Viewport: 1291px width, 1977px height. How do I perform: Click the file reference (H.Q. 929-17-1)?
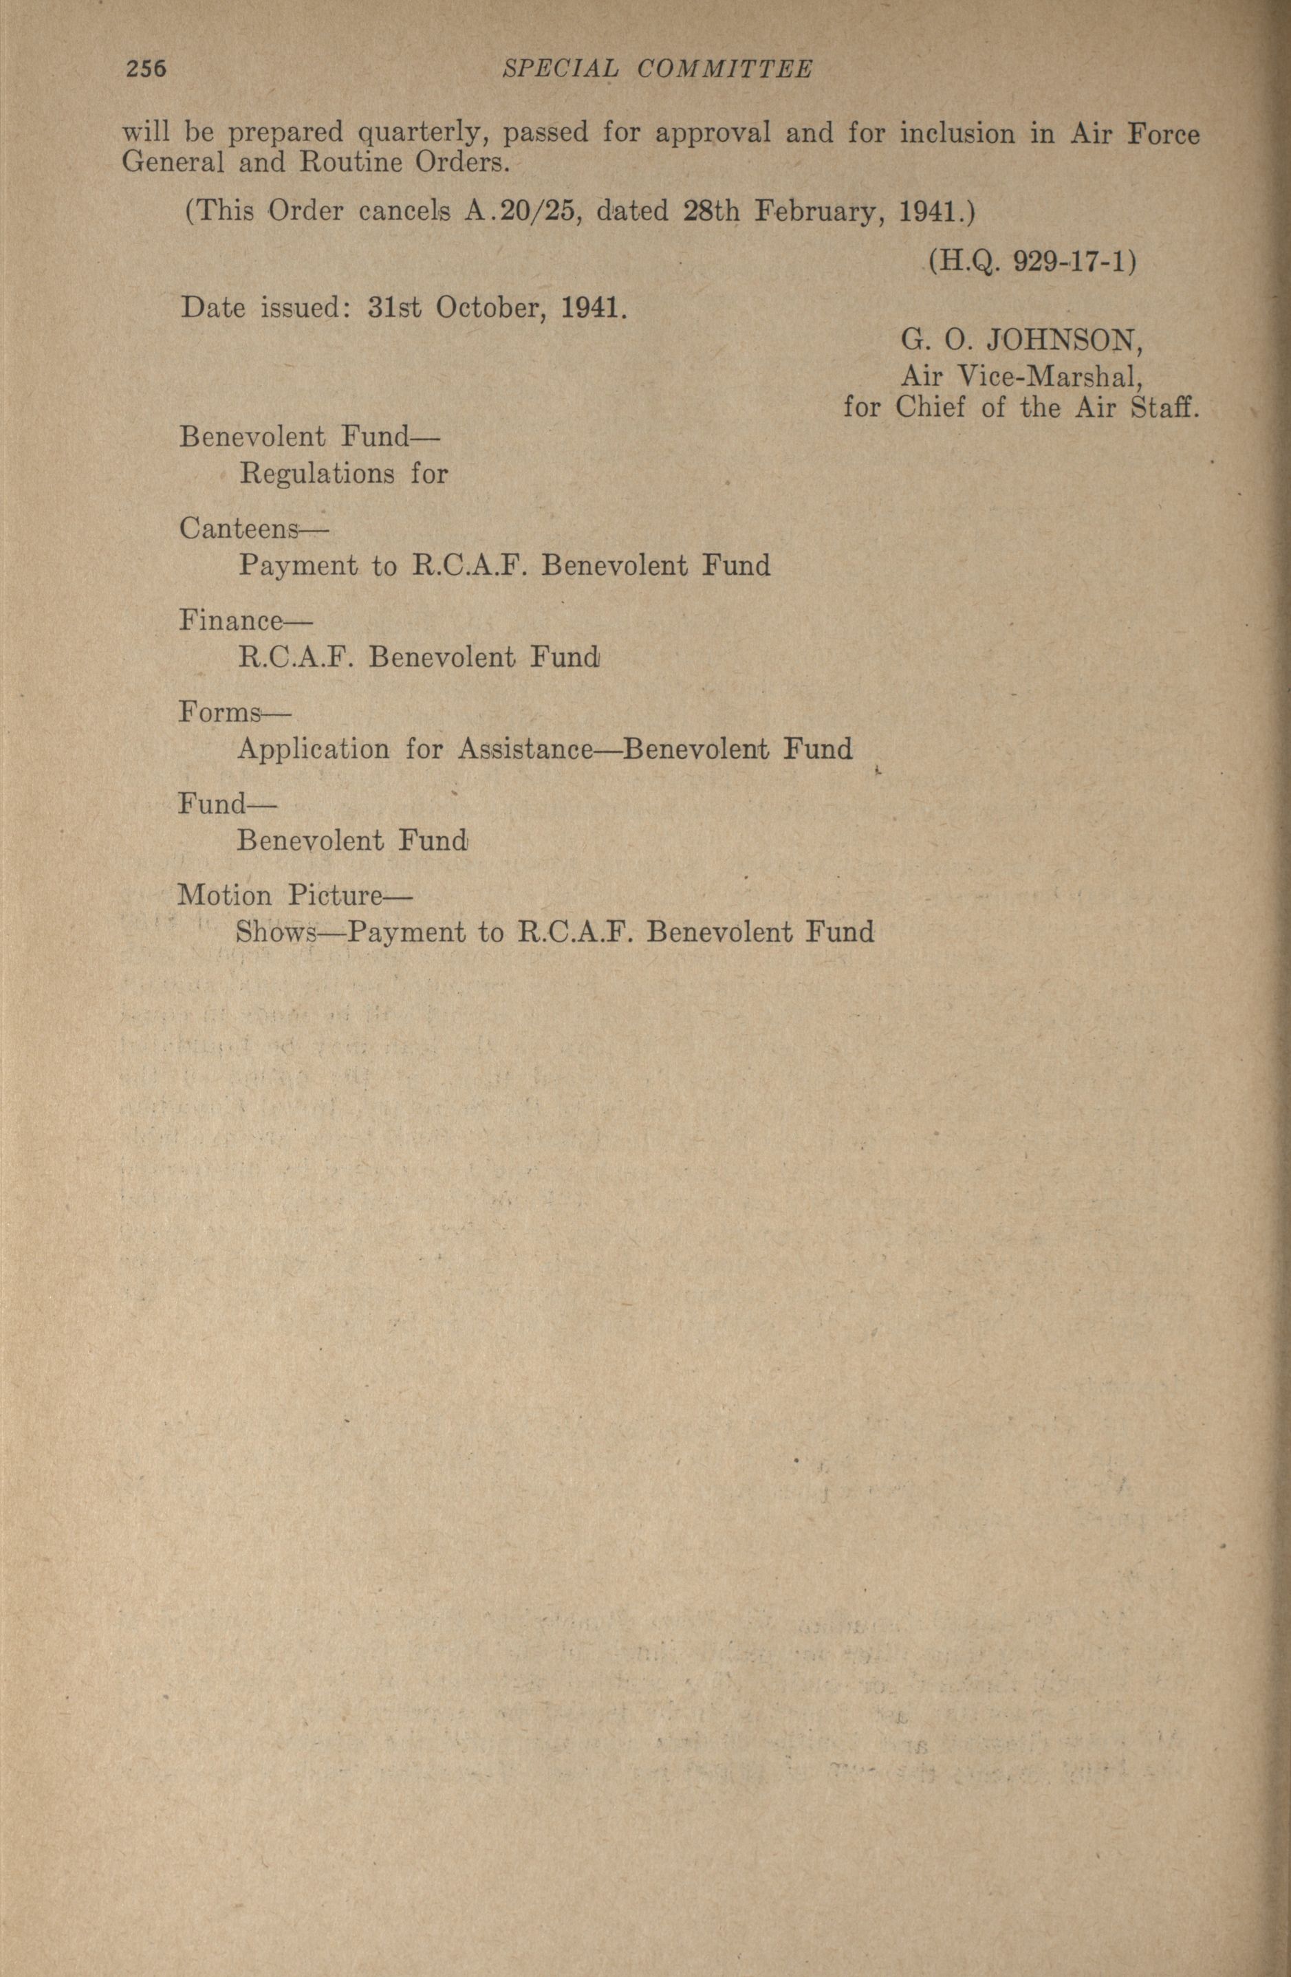pyautogui.click(x=1032, y=262)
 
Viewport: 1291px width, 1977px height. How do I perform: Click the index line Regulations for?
pyautogui.click(x=343, y=474)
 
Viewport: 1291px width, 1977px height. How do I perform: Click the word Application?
pyautogui.click(x=313, y=750)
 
